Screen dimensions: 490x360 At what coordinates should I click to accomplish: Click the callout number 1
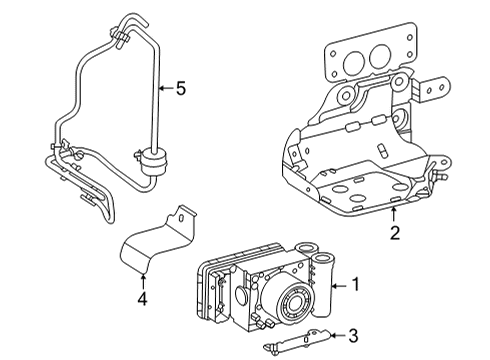coord(356,285)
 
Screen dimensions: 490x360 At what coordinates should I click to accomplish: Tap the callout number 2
coord(395,233)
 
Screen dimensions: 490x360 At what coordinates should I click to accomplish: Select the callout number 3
coord(353,336)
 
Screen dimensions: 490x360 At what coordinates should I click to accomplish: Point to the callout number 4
coord(142,299)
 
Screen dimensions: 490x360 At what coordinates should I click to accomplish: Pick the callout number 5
coord(181,89)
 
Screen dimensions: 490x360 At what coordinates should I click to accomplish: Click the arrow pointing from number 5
coord(166,88)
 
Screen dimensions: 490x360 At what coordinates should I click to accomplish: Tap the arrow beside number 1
coord(341,285)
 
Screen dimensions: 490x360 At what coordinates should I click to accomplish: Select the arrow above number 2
coord(394,214)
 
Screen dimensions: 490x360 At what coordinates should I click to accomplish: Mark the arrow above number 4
coord(143,281)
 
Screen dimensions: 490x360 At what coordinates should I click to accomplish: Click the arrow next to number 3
coord(338,335)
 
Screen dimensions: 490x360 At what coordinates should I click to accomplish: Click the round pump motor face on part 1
coord(295,301)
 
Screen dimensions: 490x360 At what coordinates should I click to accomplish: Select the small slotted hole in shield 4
coord(181,218)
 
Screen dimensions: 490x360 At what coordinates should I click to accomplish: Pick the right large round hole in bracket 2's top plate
coord(380,55)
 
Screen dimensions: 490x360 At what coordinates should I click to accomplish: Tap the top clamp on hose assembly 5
coord(120,37)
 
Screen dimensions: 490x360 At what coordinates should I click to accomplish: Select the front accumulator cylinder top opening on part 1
coord(323,257)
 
